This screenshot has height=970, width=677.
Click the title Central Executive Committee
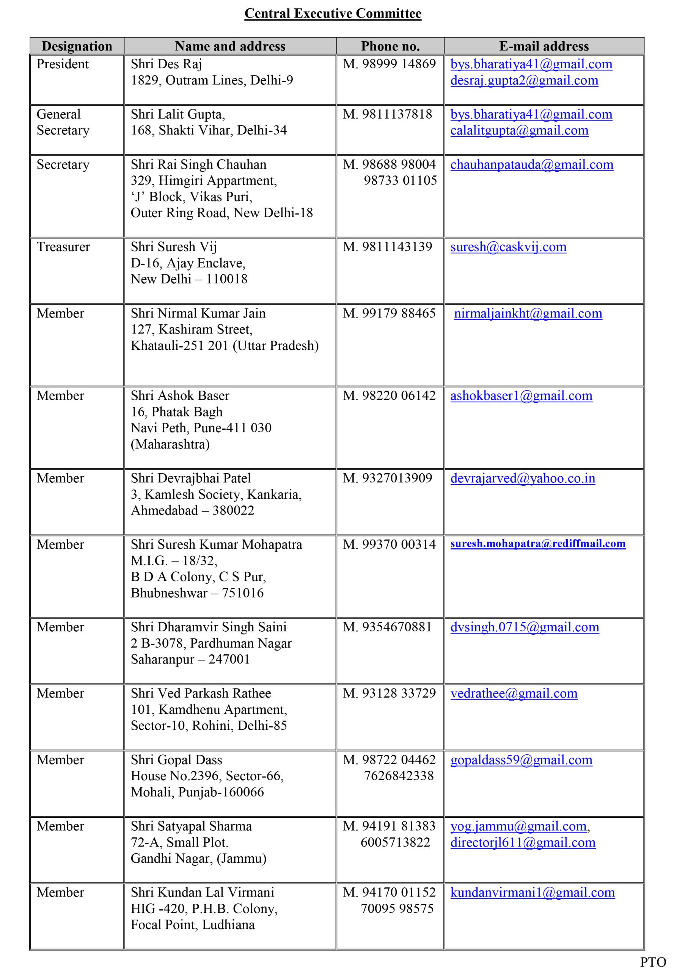(x=333, y=14)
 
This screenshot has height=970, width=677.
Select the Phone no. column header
(x=390, y=46)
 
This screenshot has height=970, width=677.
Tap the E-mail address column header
(x=544, y=46)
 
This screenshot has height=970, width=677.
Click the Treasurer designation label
(x=63, y=247)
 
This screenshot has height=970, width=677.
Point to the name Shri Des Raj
(x=166, y=64)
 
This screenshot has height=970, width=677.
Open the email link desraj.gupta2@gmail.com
(x=524, y=80)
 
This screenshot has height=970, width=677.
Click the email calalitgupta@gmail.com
(x=519, y=131)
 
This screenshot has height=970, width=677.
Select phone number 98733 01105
(x=400, y=180)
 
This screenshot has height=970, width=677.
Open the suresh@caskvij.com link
(x=508, y=247)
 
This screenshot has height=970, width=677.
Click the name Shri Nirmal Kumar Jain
(x=198, y=313)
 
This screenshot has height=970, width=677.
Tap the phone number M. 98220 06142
(x=389, y=396)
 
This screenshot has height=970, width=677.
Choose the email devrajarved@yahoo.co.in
(x=522, y=478)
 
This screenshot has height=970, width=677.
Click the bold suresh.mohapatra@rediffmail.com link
(x=537, y=544)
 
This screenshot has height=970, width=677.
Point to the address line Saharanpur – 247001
(x=190, y=659)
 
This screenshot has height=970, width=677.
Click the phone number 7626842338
(x=399, y=776)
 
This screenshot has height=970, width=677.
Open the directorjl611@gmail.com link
(x=523, y=842)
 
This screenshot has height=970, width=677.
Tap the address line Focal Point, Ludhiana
(x=192, y=925)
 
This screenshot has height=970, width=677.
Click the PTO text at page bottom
(x=652, y=962)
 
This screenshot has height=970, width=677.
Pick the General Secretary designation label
(x=63, y=122)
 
